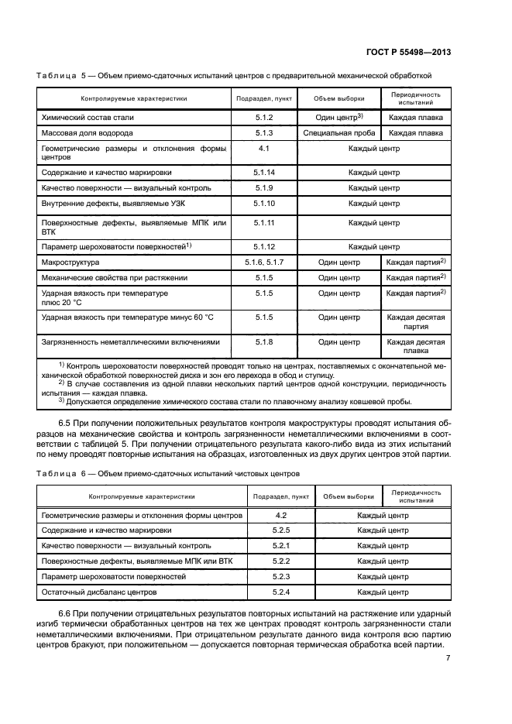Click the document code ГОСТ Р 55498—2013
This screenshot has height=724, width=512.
pyautogui.click(x=414, y=52)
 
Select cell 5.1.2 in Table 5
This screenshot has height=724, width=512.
pyautogui.click(x=264, y=117)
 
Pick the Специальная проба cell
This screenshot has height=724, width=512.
pyautogui.click(x=338, y=132)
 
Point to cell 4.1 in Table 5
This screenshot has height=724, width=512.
pyautogui.click(x=264, y=147)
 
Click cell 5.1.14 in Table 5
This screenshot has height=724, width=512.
pyautogui.click(x=264, y=172)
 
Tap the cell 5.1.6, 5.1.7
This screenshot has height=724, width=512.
pyautogui.click(x=264, y=262)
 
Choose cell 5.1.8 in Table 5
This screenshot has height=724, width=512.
pyautogui.click(x=264, y=341)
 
